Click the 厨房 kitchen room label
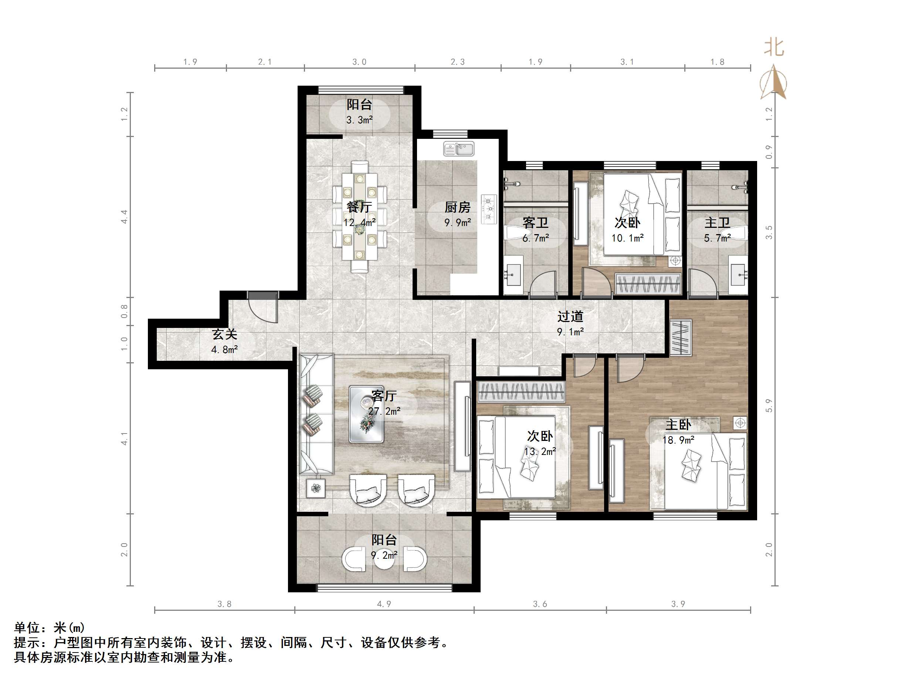tap(457, 207)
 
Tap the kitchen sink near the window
tap(459, 149)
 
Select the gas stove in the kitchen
tap(489, 209)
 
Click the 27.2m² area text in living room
tap(384, 411)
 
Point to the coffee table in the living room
tap(366, 414)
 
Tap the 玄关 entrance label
tap(225, 334)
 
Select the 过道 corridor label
tap(570, 316)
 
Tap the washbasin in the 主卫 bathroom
tap(739, 274)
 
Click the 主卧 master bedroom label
tap(678, 425)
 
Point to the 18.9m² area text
tap(678, 440)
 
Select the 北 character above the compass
tap(774, 48)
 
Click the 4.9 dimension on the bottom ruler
tap(384, 604)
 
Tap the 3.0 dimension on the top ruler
tap(359, 62)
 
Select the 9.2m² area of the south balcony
tap(384, 555)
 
